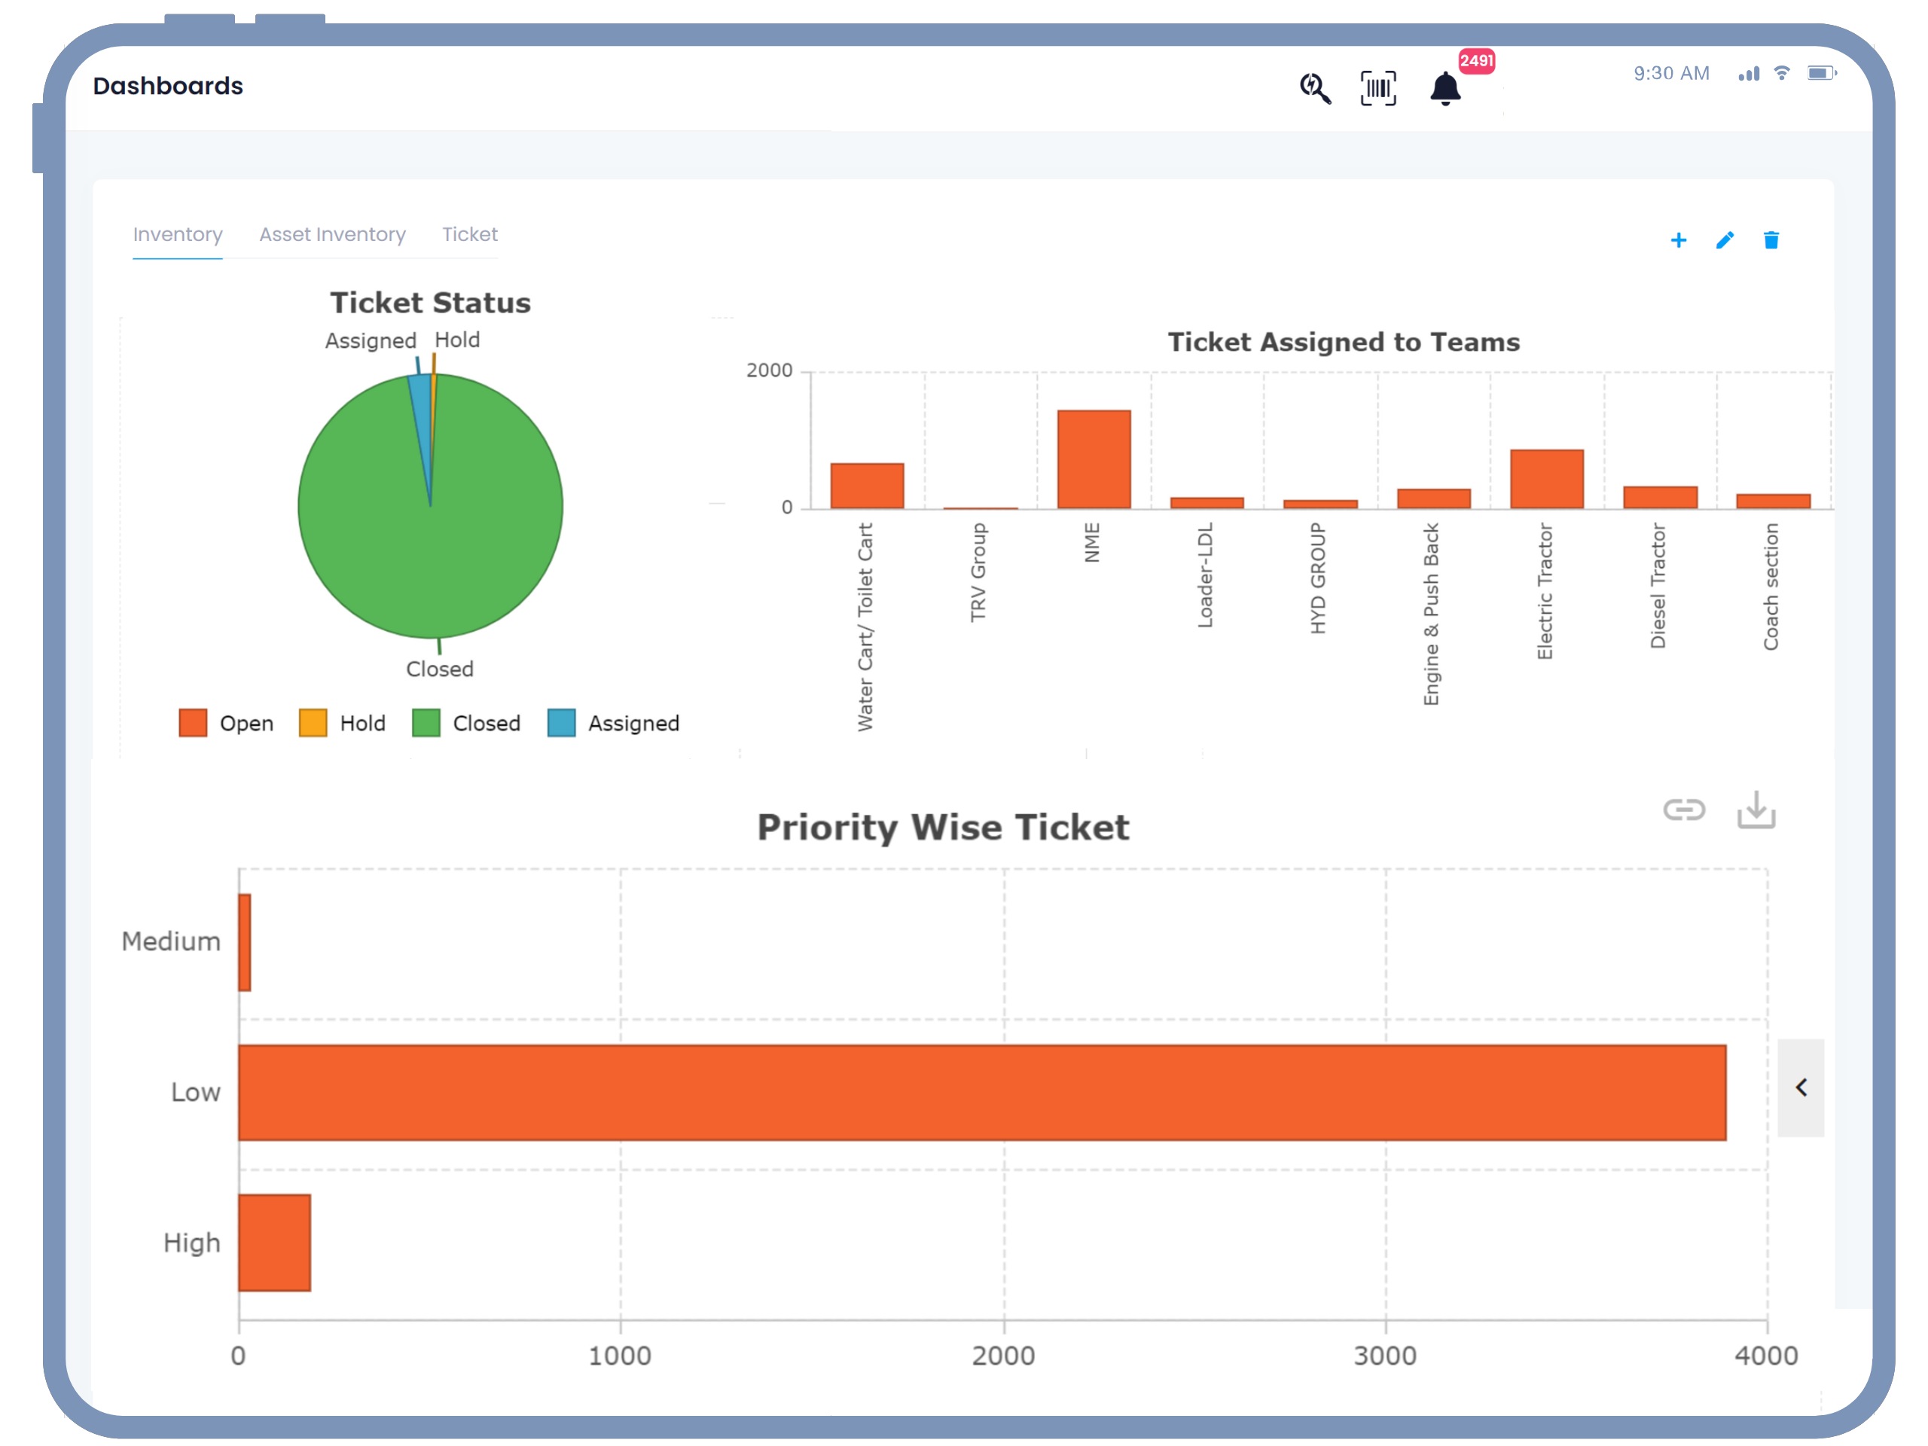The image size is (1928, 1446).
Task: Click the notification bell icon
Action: pos(1444,89)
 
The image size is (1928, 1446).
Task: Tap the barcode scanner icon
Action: pos(1378,89)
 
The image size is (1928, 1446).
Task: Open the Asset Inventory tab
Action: pos(332,234)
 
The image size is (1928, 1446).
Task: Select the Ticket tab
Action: pos(469,234)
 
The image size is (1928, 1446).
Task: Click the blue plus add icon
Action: pos(1678,240)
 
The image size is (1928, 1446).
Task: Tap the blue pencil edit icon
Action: pos(1724,240)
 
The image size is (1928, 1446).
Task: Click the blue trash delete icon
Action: pos(1771,240)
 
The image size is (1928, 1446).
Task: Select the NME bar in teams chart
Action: pos(1094,459)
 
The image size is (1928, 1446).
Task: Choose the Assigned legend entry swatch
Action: pos(561,724)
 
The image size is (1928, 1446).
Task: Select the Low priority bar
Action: pos(981,1092)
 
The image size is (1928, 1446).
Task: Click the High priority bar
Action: pos(275,1242)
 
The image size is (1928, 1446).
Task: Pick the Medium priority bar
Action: pos(245,942)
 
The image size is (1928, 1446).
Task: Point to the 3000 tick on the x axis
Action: pos(1385,1356)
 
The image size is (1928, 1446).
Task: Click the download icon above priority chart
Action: pos(1756,810)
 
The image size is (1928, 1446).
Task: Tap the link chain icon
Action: pos(1683,810)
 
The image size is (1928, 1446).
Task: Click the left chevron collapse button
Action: pos(1801,1088)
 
